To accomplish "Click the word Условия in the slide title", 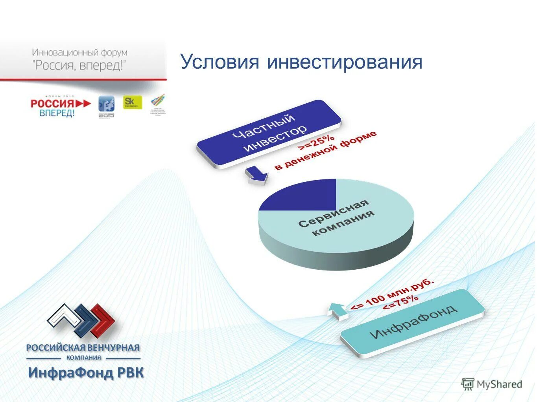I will (x=220, y=62).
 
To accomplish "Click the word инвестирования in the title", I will (x=345, y=62).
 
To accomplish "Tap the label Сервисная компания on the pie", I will (x=336, y=218).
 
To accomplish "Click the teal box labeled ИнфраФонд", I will (x=413, y=323).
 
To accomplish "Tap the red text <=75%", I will (x=400, y=303).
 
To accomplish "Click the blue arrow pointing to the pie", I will (x=256, y=175).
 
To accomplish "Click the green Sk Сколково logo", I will (x=132, y=102).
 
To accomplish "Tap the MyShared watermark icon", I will (x=467, y=384).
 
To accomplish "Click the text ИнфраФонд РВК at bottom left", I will (x=86, y=373).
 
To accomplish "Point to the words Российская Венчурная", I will (x=83, y=347).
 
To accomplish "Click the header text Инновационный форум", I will (x=79, y=52).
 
